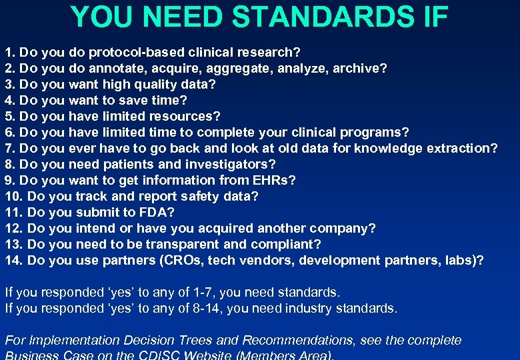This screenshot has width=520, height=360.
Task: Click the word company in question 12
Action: point(343,228)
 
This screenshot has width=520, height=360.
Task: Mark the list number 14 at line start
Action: point(14,260)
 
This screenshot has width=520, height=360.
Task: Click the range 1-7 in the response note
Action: point(197,292)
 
